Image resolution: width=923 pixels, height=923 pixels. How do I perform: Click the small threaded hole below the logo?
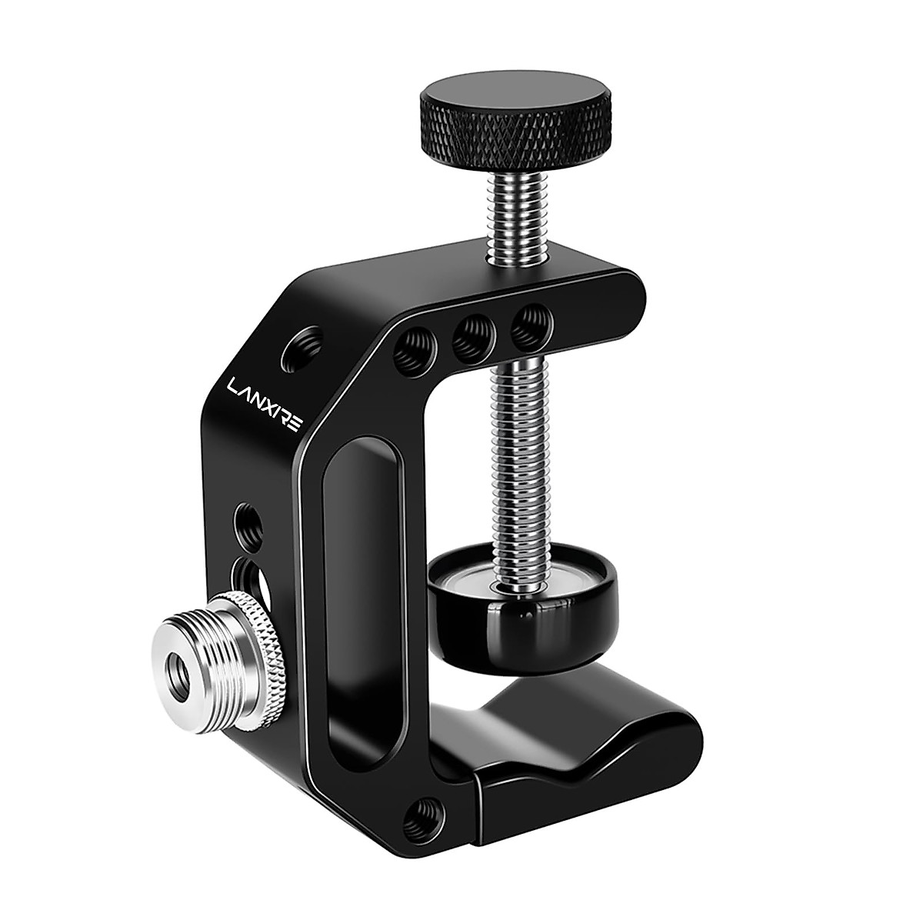247,518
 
